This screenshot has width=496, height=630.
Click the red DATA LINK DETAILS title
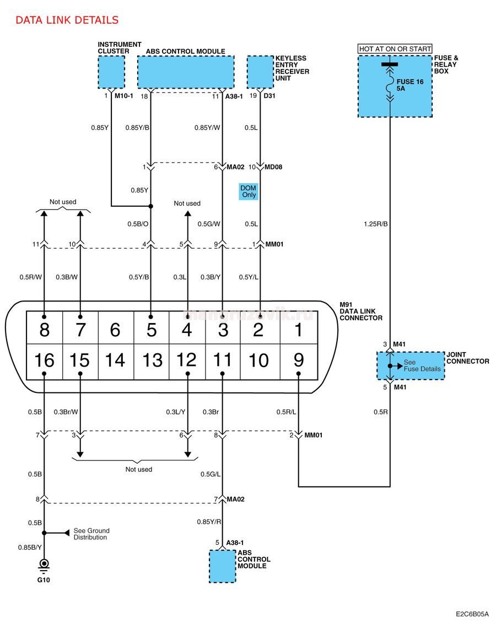point(67,20)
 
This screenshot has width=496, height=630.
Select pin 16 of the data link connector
point(44,360)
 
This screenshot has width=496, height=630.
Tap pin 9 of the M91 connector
point(298,360)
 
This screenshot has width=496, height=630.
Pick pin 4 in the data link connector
point(187,330)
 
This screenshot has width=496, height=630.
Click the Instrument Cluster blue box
point(111,72)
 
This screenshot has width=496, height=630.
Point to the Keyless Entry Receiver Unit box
point(260,72)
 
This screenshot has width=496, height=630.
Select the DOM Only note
point(249,191)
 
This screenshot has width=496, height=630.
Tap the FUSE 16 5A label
point(410,85)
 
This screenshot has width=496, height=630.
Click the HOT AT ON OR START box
point(395,48)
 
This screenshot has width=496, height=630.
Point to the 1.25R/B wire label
point(376,224)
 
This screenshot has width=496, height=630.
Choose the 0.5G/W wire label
point(209,224)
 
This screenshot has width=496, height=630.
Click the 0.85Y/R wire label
point(209,522)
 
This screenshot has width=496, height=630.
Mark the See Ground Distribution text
point(91,534)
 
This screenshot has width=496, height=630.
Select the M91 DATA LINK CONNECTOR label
point(361,311)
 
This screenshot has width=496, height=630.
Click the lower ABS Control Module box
point(222,566)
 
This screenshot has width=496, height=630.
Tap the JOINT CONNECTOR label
point(468,358)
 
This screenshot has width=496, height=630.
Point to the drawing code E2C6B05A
point(472,615)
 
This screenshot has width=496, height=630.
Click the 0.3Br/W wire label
point(66,412)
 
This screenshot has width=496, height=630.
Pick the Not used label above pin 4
point(187,203)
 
